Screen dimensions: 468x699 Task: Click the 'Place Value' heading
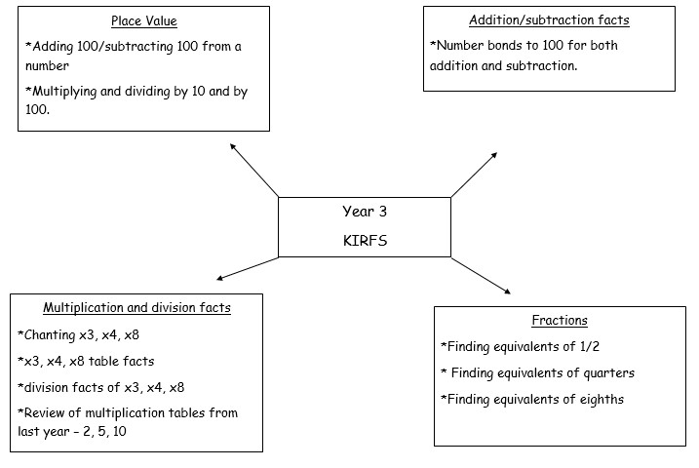coord(143,20)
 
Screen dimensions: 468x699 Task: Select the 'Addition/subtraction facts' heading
coord(549,19)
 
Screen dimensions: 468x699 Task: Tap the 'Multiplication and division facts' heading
coord(136,308)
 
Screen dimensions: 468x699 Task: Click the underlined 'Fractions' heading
coord(560,320)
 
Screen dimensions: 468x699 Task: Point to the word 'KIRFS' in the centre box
coord(365,241)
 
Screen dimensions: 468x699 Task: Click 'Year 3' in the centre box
coord(365,211)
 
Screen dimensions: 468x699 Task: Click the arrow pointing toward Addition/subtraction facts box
coord(475,175)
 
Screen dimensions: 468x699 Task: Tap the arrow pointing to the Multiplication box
coord(247,268)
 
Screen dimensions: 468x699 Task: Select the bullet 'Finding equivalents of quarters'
coord(537,372)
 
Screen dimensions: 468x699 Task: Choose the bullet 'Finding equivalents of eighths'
coord(532,399)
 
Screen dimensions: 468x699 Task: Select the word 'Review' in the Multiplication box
coord(45,413)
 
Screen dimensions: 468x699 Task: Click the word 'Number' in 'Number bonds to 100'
coord(458,46)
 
